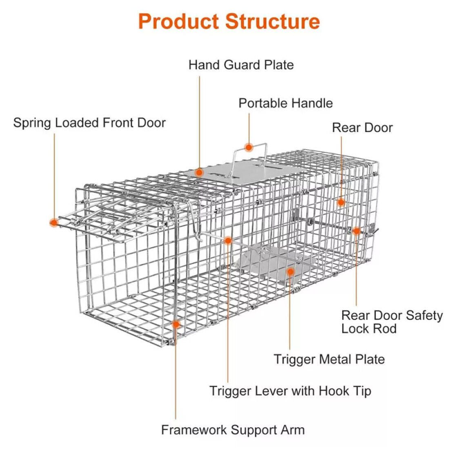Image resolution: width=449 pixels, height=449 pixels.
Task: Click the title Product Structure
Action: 229,21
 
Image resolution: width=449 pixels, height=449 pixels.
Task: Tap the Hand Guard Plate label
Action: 241,65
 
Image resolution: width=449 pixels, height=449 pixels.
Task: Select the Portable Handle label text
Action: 285,103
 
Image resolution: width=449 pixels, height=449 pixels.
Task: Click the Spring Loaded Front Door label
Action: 89,123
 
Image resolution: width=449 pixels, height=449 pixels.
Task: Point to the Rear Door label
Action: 362,128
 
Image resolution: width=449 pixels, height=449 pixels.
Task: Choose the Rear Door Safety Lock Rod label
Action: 391,322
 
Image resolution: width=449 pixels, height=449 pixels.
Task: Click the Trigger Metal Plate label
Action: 329,359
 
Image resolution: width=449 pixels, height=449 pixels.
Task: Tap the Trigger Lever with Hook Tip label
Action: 290,391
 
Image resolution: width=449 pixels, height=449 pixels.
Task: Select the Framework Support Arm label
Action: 233,430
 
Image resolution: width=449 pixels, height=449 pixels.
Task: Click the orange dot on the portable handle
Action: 249,147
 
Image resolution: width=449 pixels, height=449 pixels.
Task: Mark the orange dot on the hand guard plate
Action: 199,172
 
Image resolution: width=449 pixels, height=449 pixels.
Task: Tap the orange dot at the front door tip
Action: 53,222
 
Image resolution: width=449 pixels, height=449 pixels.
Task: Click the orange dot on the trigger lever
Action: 228,240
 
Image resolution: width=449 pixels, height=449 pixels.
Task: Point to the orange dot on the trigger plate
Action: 290,271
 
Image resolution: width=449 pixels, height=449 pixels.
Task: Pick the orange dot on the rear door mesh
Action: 341,202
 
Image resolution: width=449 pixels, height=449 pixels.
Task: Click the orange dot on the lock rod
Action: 356,231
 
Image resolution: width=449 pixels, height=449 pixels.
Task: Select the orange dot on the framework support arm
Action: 176,325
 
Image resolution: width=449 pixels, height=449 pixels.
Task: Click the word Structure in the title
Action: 273,21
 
